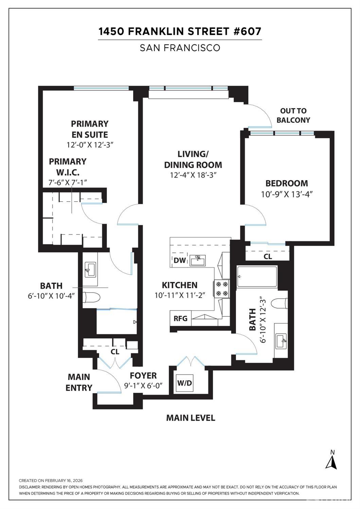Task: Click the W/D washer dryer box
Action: [184, 383]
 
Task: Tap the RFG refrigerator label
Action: [181, 318]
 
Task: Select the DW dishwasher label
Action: [180, 260]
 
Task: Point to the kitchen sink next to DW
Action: [198, 260]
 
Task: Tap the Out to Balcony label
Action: [293, 116]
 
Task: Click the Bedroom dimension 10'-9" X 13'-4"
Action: [287, 194]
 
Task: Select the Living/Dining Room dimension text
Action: [193, 175]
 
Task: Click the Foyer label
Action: [143, 375]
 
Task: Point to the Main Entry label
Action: [79, 382]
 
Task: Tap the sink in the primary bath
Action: [90, 270]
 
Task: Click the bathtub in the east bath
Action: [257, 277]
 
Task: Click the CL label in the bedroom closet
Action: [268, 257]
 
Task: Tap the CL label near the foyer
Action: [115, 352]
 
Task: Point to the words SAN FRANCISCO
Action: [180, 48]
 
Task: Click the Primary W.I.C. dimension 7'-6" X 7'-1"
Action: [68, 182]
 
